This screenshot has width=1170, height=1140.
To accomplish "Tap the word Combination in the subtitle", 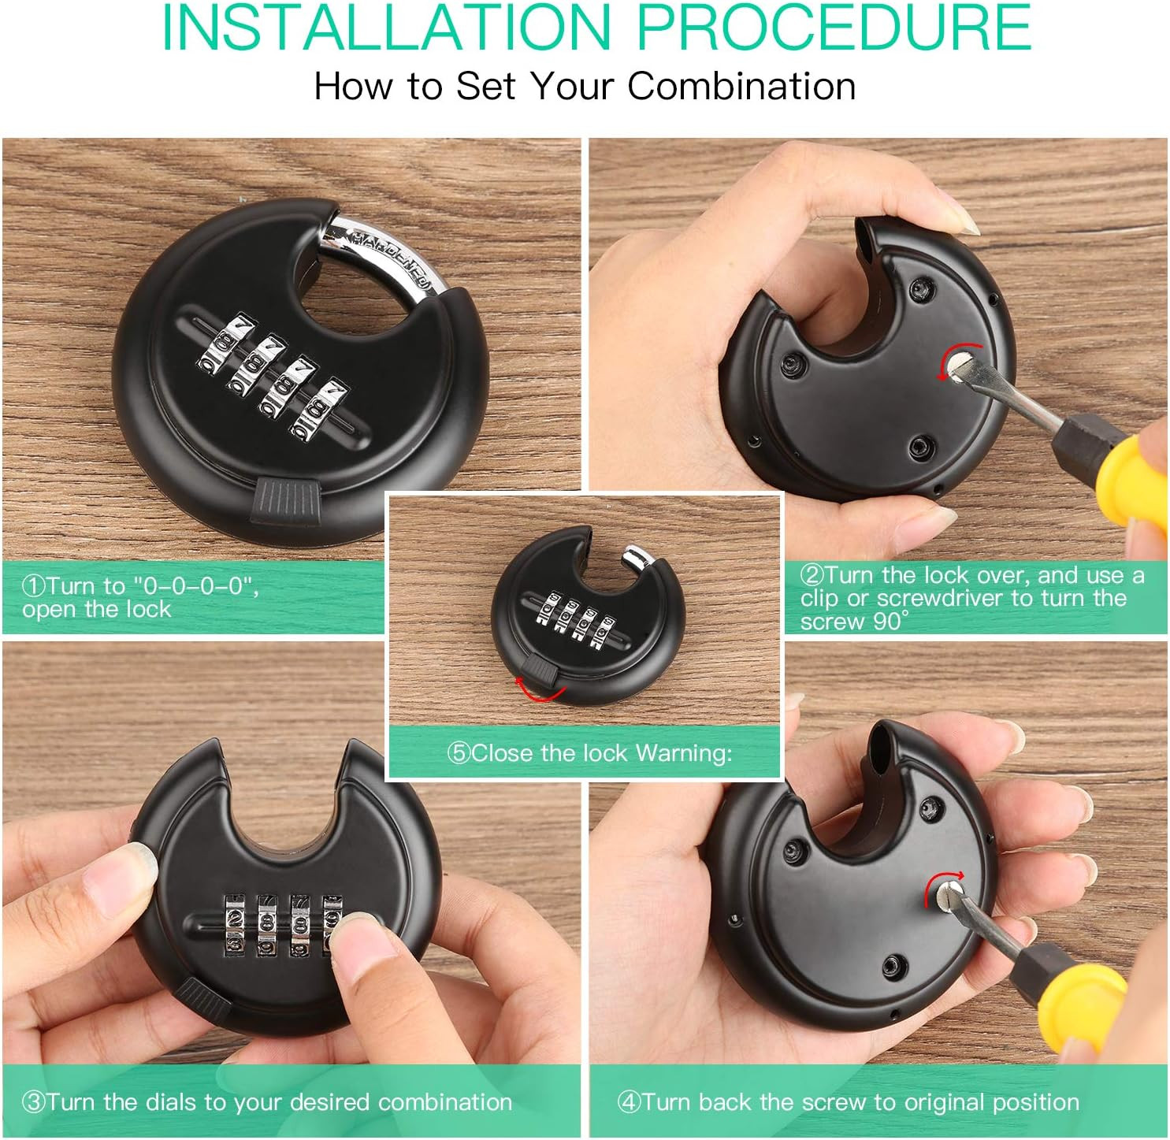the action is (x=741, y=85).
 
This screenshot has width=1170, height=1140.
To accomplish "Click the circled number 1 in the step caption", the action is (x=34, y=585).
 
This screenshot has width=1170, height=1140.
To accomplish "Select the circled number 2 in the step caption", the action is (x=811, y=575).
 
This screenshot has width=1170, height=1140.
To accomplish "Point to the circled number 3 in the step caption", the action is (x=34, y=1101).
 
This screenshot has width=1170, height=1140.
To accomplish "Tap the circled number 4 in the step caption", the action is (x=629, y=1101).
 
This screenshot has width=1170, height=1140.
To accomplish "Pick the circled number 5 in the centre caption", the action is (x=459, y=753).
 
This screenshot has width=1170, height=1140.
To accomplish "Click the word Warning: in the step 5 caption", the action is (x=684, y=753).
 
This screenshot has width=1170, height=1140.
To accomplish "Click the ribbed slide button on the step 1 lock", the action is (x=285, y=500).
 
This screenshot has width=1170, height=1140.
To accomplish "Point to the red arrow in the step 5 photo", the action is (x=538, y=693).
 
